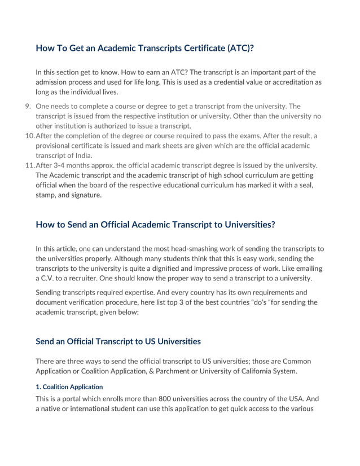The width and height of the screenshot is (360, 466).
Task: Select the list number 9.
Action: coord(28,106)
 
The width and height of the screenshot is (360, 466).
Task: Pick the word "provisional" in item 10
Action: coord(55,146)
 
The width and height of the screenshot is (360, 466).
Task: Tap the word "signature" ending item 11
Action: coord(84,195)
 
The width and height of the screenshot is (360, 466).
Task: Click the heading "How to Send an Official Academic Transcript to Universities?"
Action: coord(155,225)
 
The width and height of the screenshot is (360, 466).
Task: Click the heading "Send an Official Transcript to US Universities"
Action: coord(118,341)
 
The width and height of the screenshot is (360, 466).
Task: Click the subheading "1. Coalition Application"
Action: coord(69,386)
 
